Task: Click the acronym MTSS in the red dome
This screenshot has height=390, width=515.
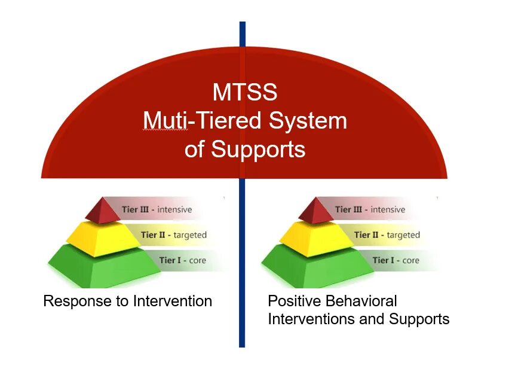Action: tap(245, 93)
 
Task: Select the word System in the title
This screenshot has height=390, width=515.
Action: tap(308, 121)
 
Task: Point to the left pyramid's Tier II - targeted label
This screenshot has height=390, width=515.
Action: tap(173, 235)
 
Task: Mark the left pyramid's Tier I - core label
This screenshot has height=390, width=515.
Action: tap(182, 260)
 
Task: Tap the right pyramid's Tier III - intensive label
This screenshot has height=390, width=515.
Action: tap(370, 209)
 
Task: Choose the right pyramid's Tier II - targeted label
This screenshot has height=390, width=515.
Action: tap(387, 235)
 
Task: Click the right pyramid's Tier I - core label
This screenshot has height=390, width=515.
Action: tap(396, 260)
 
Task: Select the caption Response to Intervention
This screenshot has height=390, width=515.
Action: tap(127, 301)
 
